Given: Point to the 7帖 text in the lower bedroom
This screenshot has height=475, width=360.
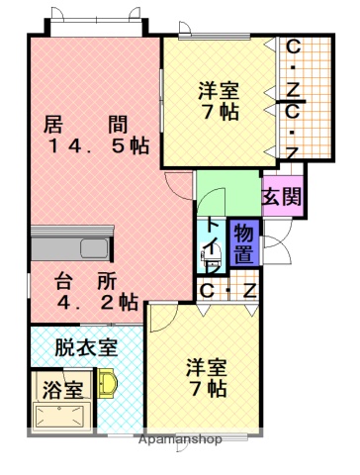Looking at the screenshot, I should tap(209, 389).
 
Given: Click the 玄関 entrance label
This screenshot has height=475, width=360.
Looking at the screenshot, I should tap(282, 197).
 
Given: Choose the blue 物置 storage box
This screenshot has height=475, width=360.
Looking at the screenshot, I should tap(243, 243).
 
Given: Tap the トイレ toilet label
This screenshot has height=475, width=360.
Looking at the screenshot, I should tap(212, 246).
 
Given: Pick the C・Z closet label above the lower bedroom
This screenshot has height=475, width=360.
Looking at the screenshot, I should tap(228, 292).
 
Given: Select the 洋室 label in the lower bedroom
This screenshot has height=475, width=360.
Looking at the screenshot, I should tap(209, 367).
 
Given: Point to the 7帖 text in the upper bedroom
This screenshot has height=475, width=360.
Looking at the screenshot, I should tap(215, 112).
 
